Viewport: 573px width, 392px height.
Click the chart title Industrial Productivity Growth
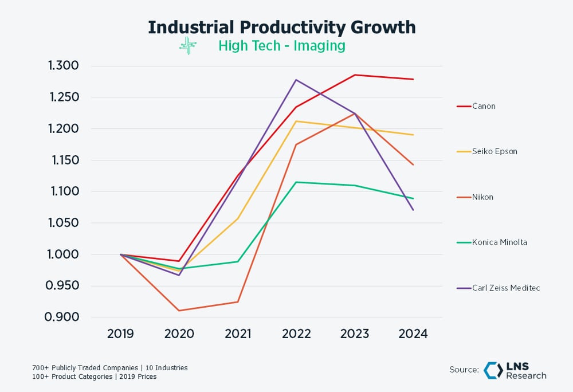point(282,28)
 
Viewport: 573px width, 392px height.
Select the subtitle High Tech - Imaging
point(281,46)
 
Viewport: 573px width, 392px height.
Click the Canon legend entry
point(484,106)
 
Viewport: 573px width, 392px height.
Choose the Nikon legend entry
point(482,197)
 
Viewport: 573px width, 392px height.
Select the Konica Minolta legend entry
point(499,242)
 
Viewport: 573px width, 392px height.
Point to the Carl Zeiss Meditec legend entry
point(506,288)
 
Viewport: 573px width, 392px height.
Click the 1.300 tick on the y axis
point(63,66)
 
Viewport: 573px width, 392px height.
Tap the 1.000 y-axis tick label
point(63,254)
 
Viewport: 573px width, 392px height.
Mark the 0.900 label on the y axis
point(63,317)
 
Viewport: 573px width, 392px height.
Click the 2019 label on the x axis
point(120,334)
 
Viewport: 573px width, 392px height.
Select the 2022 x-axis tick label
point(296,334)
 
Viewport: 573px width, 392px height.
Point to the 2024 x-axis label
point(413,334)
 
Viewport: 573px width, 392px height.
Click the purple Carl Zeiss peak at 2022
point(296,80)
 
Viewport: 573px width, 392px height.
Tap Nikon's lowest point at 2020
point(179,311)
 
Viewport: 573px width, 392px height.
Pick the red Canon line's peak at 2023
point(355,75)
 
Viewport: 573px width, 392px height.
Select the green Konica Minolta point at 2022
point(296,182)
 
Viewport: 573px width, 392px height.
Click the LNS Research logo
point(515,370)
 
